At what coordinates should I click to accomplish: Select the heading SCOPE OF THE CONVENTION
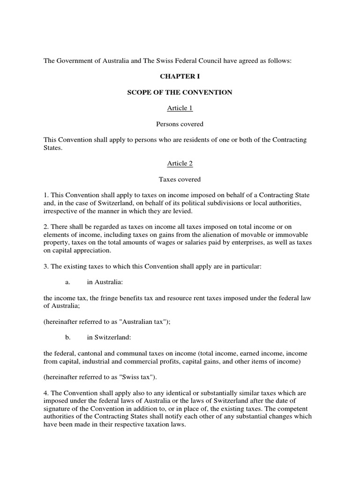pyautogui.click(x=180, y=92)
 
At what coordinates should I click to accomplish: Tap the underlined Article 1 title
pyautogui.click(x=180, y=108)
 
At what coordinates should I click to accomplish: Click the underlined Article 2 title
pyautogui.click(x=180, y=164)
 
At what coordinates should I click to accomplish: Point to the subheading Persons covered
pyautogui.click(x=180, y=124)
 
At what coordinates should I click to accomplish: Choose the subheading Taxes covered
pyautogui.click(x=180, y=179)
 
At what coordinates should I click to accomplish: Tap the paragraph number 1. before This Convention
pyautogui.click(x=46, y=195)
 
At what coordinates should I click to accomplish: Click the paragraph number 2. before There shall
pyautogui.click(x=46, y=227)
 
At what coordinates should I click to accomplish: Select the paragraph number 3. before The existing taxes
pyautogui.click(x=46, y=266)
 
